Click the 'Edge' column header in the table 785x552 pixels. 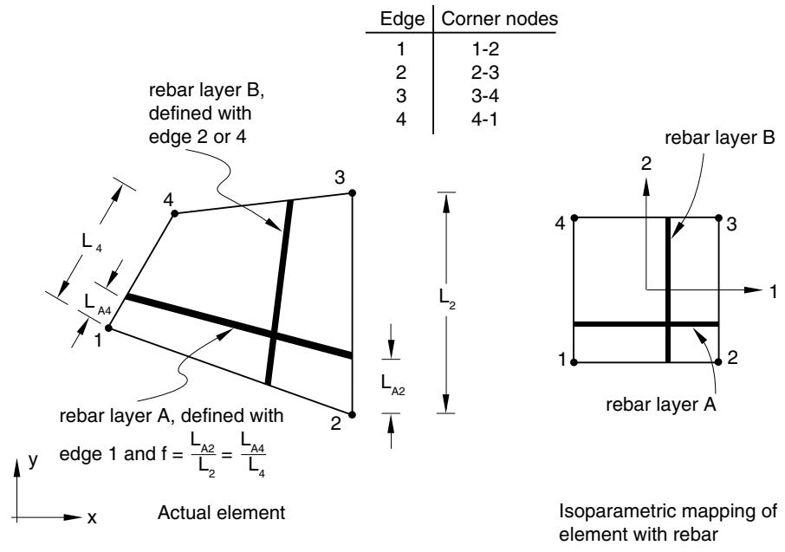click(402, 19)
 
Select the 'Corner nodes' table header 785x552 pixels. click(499, 19)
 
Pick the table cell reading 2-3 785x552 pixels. click(485, 73)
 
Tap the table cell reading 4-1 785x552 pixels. click(484, 120)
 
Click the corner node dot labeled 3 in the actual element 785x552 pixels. click(352, 193)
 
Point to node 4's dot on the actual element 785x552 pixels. click(175, 214)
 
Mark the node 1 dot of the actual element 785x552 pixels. click(108, 328)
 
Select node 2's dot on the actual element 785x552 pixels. click(352, 414)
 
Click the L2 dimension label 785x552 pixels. click(447, 299)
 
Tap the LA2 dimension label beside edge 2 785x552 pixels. click(392, 385)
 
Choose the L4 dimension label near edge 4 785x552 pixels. click(92, 243)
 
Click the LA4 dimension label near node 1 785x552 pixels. click(98, 304)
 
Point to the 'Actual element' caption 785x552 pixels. click(221, 513)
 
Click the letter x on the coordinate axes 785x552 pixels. click(92, 517)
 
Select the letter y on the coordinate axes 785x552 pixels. click(33, 460)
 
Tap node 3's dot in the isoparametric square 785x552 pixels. click(718, 218)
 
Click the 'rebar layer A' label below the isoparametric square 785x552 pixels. click(661, 404)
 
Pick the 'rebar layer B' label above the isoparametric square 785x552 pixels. click(720, 138)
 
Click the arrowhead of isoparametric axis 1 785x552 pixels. click(754, 289)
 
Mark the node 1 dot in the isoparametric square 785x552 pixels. click(574, 362)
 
